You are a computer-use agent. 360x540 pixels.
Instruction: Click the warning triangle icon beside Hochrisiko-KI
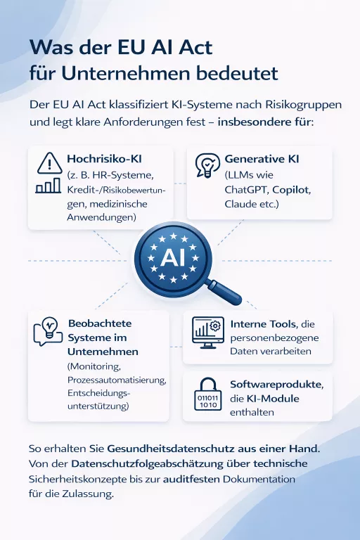(x=47, y=163)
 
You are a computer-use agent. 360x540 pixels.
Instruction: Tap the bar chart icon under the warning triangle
(x=47, y=186)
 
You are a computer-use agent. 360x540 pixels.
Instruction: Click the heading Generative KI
(x=262, y=160)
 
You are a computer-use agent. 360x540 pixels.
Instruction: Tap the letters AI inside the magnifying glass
(x=172, y=258)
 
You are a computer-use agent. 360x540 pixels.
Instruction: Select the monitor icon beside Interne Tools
(x=207, y=331)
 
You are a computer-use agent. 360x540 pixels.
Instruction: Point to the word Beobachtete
(x=100, y=323)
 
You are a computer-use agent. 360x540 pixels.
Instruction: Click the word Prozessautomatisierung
(x=116, y=380)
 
